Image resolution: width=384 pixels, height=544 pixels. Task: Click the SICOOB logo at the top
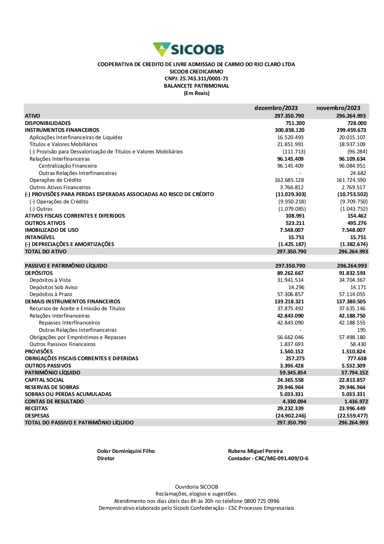(x=188, y=49)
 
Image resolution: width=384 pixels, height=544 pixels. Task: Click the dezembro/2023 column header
(x=276, y=108)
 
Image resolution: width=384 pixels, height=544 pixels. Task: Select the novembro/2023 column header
(x=338, y=108)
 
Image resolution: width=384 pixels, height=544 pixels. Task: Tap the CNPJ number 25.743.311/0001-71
(x=204, y=79)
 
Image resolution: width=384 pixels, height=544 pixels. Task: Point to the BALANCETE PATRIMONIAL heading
(x=196, y=86)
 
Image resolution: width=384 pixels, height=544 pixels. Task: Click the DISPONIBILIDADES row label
(x=48, y=123)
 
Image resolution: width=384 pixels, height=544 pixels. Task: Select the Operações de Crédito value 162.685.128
(x=289, y=180)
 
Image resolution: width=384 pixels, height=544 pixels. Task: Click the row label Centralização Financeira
(x=68, y=166)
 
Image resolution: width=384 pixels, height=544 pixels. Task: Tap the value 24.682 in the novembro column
(x=358, y=173)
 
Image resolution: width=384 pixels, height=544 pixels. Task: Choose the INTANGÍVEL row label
(x=40, y=237)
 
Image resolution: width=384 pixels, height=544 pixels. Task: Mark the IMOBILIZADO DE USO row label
(x=51, y=230)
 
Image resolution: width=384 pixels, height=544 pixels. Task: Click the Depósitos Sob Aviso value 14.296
(x=296, y=287)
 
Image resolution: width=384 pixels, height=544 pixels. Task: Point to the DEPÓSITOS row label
(x=39, y=273)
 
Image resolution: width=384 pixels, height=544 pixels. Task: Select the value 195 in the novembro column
(x=361, y=330)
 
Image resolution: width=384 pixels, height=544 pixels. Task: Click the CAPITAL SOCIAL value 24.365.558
(x=290, y=380)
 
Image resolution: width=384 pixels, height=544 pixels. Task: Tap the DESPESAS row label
(x=37, y=416)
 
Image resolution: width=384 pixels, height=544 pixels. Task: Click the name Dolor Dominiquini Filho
(x=126, y=451)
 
